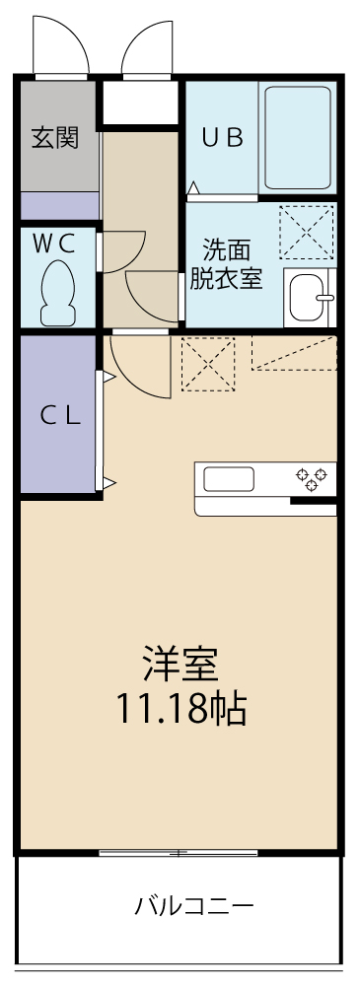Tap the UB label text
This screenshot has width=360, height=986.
(222, 138)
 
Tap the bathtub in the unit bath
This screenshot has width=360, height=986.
(297, 138)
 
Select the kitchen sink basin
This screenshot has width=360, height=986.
(229, 479)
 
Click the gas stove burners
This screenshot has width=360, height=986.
(315, 478)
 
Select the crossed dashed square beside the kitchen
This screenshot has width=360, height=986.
(208, 364)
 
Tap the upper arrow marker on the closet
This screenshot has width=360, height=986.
(110, 377)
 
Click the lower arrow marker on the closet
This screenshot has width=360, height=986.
(110, 482)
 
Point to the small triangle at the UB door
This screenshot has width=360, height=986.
(194, 187)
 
